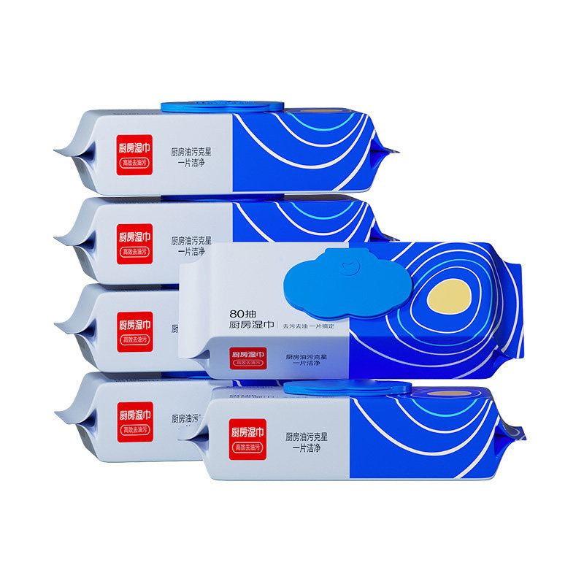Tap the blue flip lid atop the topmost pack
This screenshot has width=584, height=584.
point(220,107)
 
